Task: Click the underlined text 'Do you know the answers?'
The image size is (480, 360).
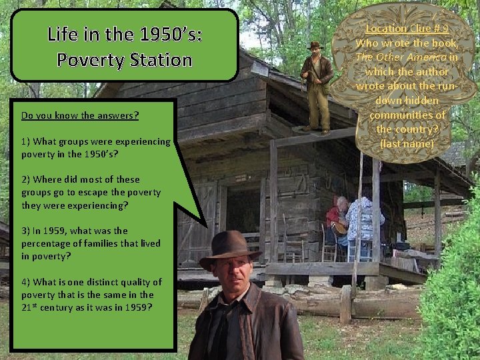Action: coord(80,115)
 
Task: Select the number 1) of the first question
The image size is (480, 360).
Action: coord(25,141)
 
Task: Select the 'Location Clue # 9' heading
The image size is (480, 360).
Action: coord(407,29)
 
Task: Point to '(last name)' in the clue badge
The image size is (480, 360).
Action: coord(406,143)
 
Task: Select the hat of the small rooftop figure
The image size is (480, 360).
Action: coord(314,45)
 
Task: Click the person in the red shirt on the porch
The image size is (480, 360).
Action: coord(337,220)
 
